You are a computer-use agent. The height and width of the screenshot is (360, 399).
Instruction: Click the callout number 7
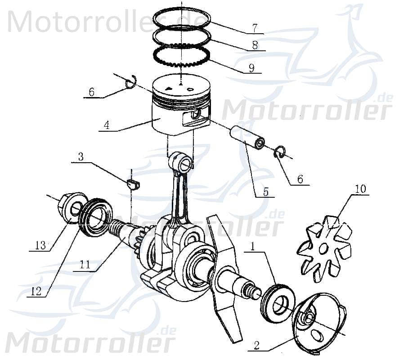(x=255, y=28)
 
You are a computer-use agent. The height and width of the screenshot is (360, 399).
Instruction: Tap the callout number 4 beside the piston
(x=107, y=124)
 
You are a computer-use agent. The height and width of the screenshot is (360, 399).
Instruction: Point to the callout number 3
(x=81, y=157)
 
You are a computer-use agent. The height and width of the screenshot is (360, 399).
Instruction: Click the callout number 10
(x=361, y=189)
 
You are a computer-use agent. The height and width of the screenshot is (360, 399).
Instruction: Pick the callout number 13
(x=40, y=245)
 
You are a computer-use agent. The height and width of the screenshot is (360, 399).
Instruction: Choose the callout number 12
(x=36, y=291)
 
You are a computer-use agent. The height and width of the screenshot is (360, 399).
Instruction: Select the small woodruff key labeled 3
(x=132, y=184)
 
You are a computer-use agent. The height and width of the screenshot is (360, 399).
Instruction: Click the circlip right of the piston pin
(x=279, y=152)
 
